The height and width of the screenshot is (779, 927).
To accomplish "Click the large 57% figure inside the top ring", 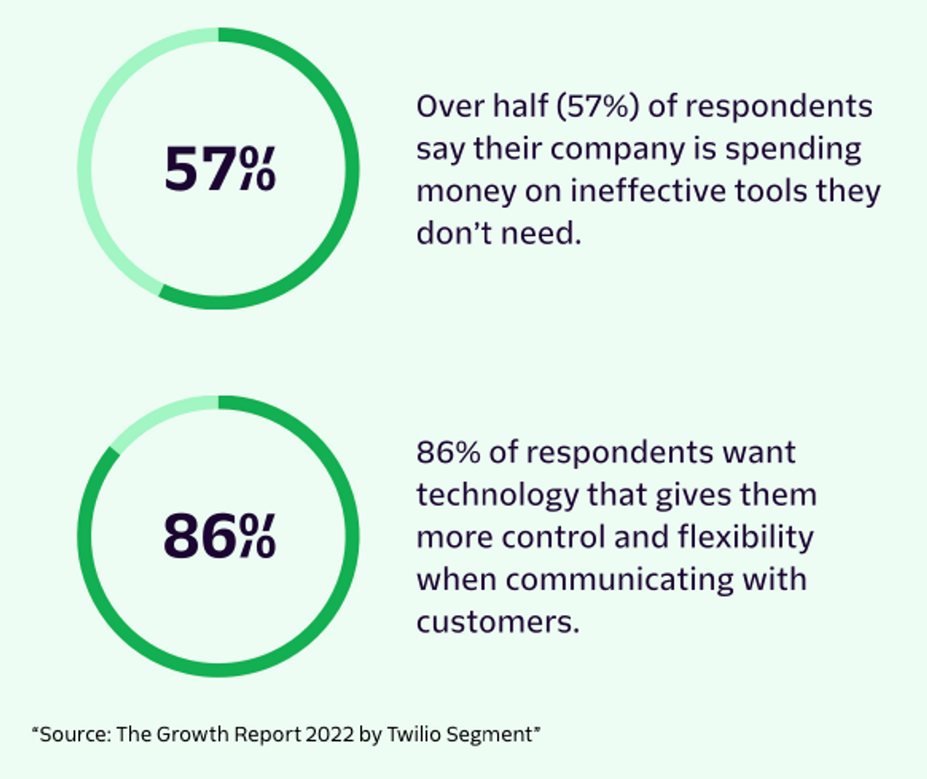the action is (220, 168).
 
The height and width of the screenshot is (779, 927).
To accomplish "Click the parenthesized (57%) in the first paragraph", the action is (598, 107).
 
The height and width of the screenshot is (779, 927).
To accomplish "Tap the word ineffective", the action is (649, 192).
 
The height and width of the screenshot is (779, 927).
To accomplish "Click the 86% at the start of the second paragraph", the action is (448, 453).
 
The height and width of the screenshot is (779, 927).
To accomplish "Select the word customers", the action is (498, 622).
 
